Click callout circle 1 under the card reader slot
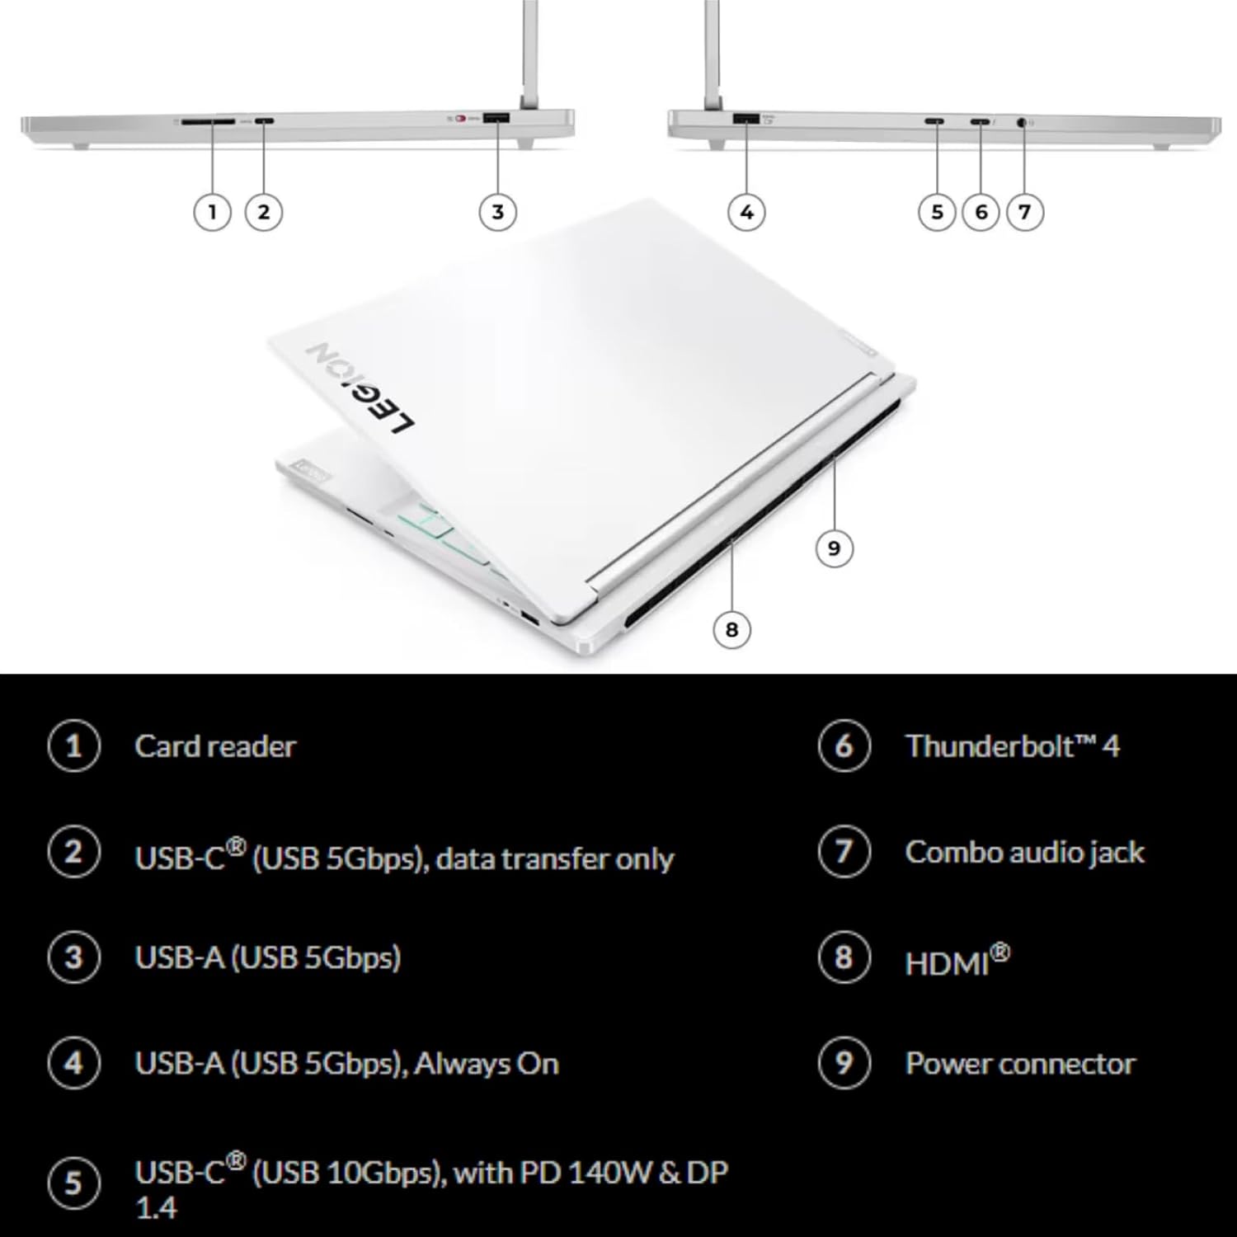[x=212, y=212]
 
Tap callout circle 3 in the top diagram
[x=497, y=212]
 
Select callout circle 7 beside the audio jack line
[x=1024, y=212]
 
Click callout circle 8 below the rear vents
[x=731, y=630]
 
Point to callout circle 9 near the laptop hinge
[x=833, y=548]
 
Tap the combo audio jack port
[x=1023, y=122]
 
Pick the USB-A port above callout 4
[x=745, y=119]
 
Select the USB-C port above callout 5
[x=935, y=122]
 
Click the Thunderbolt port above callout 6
[x=980, y=122]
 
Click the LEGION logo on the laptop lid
[x=361, y=388]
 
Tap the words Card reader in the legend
[x=215, y=746]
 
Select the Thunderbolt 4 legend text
[x=1013, y=746]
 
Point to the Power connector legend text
[x=1020, y=1064]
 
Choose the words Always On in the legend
[x=487, y=1064]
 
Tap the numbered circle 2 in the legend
[x=73, y=852]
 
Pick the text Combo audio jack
[x=1025, y=853]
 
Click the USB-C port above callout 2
[x=264, y=122]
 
